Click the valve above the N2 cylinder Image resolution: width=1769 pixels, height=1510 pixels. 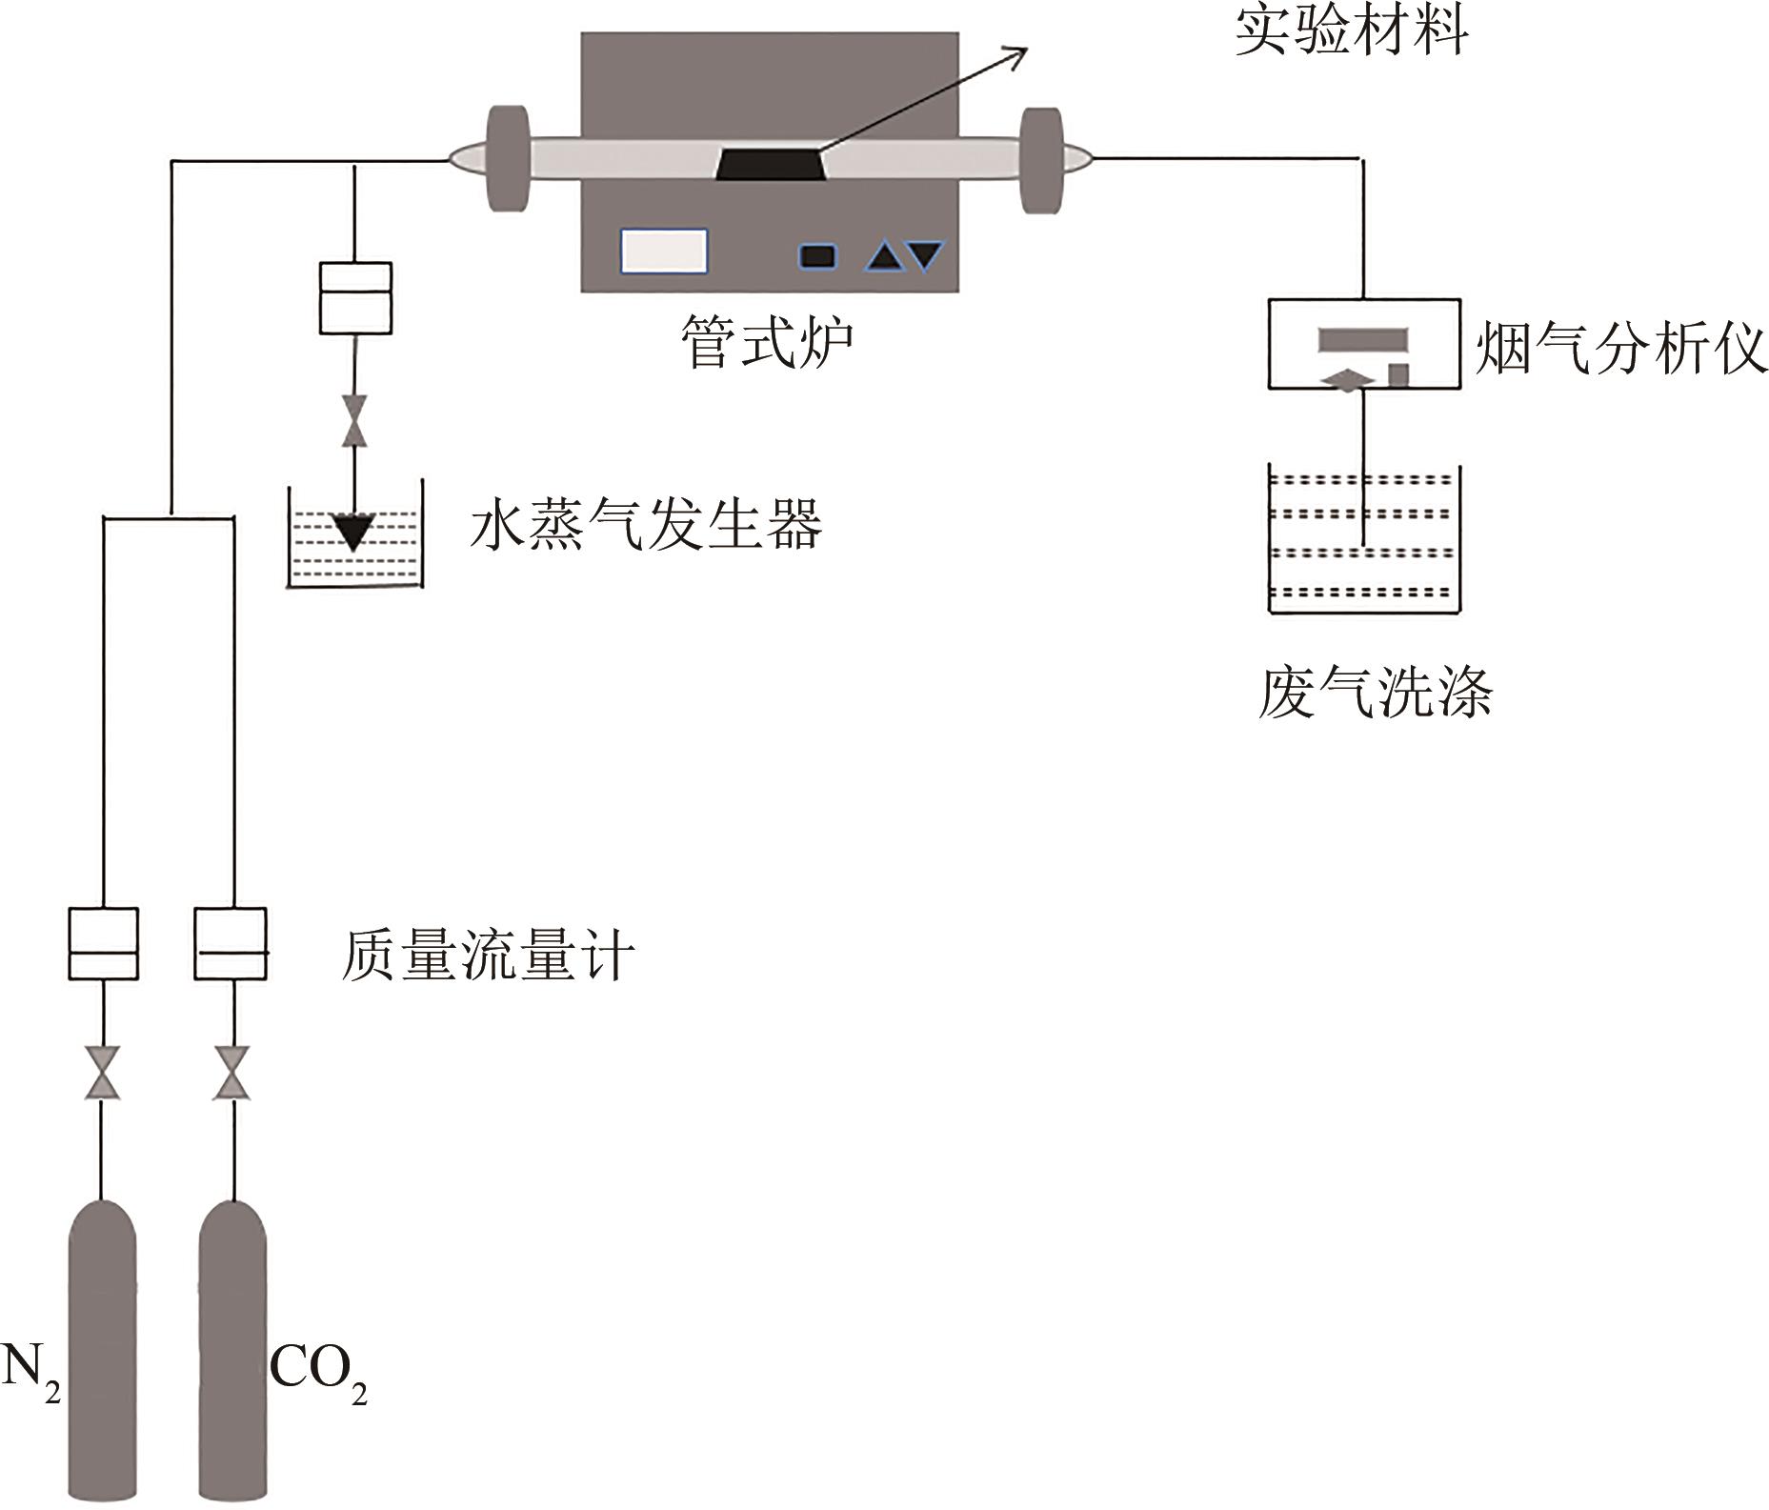pyautogui.click(x=103, y=1073)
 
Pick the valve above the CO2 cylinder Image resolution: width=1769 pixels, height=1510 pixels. pyautogui.click(x=232, y=1073)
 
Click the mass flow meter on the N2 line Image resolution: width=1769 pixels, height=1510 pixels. pyautogui.click(x=103, y=943)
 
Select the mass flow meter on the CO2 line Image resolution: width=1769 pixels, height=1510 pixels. pyautogui.click(x=231, y=943)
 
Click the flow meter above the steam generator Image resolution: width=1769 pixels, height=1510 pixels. pyautogui.click(x=354, y=298)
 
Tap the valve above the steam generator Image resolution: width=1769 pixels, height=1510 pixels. pyautogui.click(x=355, y=420)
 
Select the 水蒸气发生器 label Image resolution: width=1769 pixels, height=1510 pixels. pyautogui.click(x=645, y=525)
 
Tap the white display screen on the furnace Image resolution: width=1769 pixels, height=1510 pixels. pyautogui.click(x=664, y=252)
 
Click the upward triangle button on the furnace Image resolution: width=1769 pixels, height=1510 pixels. pyautogui.click(x=883, y=256)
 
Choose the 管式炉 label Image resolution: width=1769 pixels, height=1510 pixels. pyautogui.click(x=767, y=342)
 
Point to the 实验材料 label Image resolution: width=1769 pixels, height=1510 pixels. pyautogui.click(x=1351, y=31)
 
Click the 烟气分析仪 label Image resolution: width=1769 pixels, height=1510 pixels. pyautogui.click(x=1620, y=350)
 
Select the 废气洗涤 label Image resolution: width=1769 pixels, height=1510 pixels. pyautogui.click(x=1375, y=693)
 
